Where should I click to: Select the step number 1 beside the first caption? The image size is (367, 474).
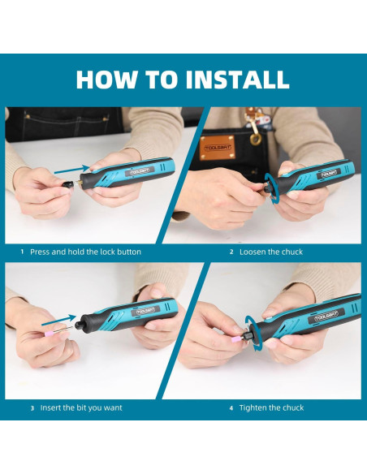22,252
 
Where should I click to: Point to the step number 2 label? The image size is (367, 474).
231,252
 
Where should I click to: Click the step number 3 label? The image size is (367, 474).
32,407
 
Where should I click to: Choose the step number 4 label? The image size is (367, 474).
231,407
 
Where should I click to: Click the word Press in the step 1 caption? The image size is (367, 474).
41,252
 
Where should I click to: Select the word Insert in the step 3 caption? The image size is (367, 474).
53,407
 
